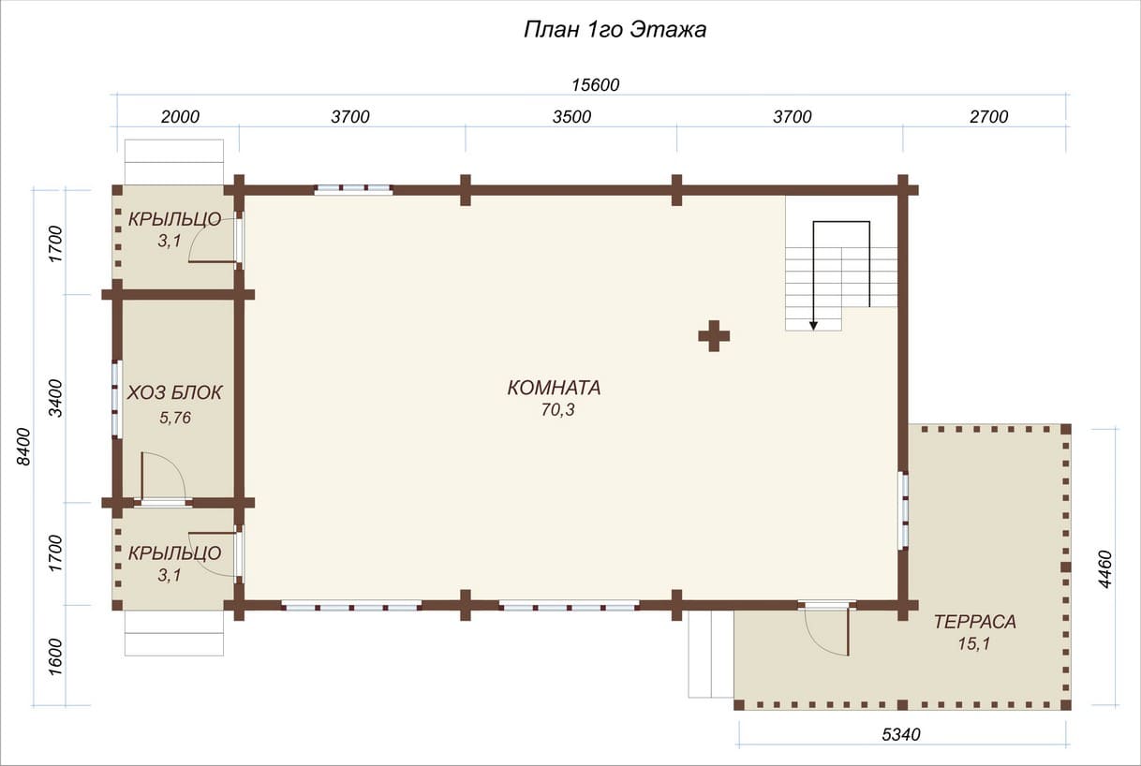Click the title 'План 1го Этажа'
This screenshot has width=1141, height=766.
click(615, 30)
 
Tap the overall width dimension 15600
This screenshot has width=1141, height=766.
click(596, 85)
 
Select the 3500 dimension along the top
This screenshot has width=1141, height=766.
click(572, 117)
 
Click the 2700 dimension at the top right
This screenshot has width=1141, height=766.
click(988, 117)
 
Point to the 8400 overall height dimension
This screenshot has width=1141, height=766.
click(23, 447)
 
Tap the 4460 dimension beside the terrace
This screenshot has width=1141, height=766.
click(1104, 569)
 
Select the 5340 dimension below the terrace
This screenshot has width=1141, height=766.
click(901, 734)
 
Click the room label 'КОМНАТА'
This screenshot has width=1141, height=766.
click(555, 388)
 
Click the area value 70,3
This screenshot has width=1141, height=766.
click(557, 410)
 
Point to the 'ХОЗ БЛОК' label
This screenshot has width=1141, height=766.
click(174, 392)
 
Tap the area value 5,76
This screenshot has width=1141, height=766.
click(175, 419)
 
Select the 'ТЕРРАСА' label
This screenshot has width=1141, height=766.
click(975, 622)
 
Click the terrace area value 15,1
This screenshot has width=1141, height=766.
click(974, 644)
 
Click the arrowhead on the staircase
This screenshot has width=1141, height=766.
click(813, 326)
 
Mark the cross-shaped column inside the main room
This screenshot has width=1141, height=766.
click(714, 336)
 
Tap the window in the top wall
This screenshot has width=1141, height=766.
click(353, 189)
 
